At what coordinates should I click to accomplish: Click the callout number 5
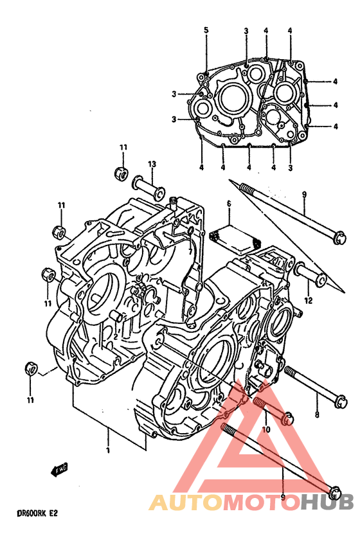206,30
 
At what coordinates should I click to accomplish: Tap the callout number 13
152,164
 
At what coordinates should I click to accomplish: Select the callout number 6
229,204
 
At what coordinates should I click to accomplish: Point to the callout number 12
309,300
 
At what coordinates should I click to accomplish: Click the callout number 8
317,414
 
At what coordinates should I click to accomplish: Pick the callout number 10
265,430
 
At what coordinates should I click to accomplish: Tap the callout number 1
108,450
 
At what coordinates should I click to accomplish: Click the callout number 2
116,336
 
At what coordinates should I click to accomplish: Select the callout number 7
190,251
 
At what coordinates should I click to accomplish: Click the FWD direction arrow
60,469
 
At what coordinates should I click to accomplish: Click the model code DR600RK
27,513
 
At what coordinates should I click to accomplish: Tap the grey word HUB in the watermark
327,502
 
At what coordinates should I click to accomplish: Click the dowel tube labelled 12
310,274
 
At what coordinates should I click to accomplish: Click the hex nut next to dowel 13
121,173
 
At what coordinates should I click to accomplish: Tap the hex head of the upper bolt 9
340,238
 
